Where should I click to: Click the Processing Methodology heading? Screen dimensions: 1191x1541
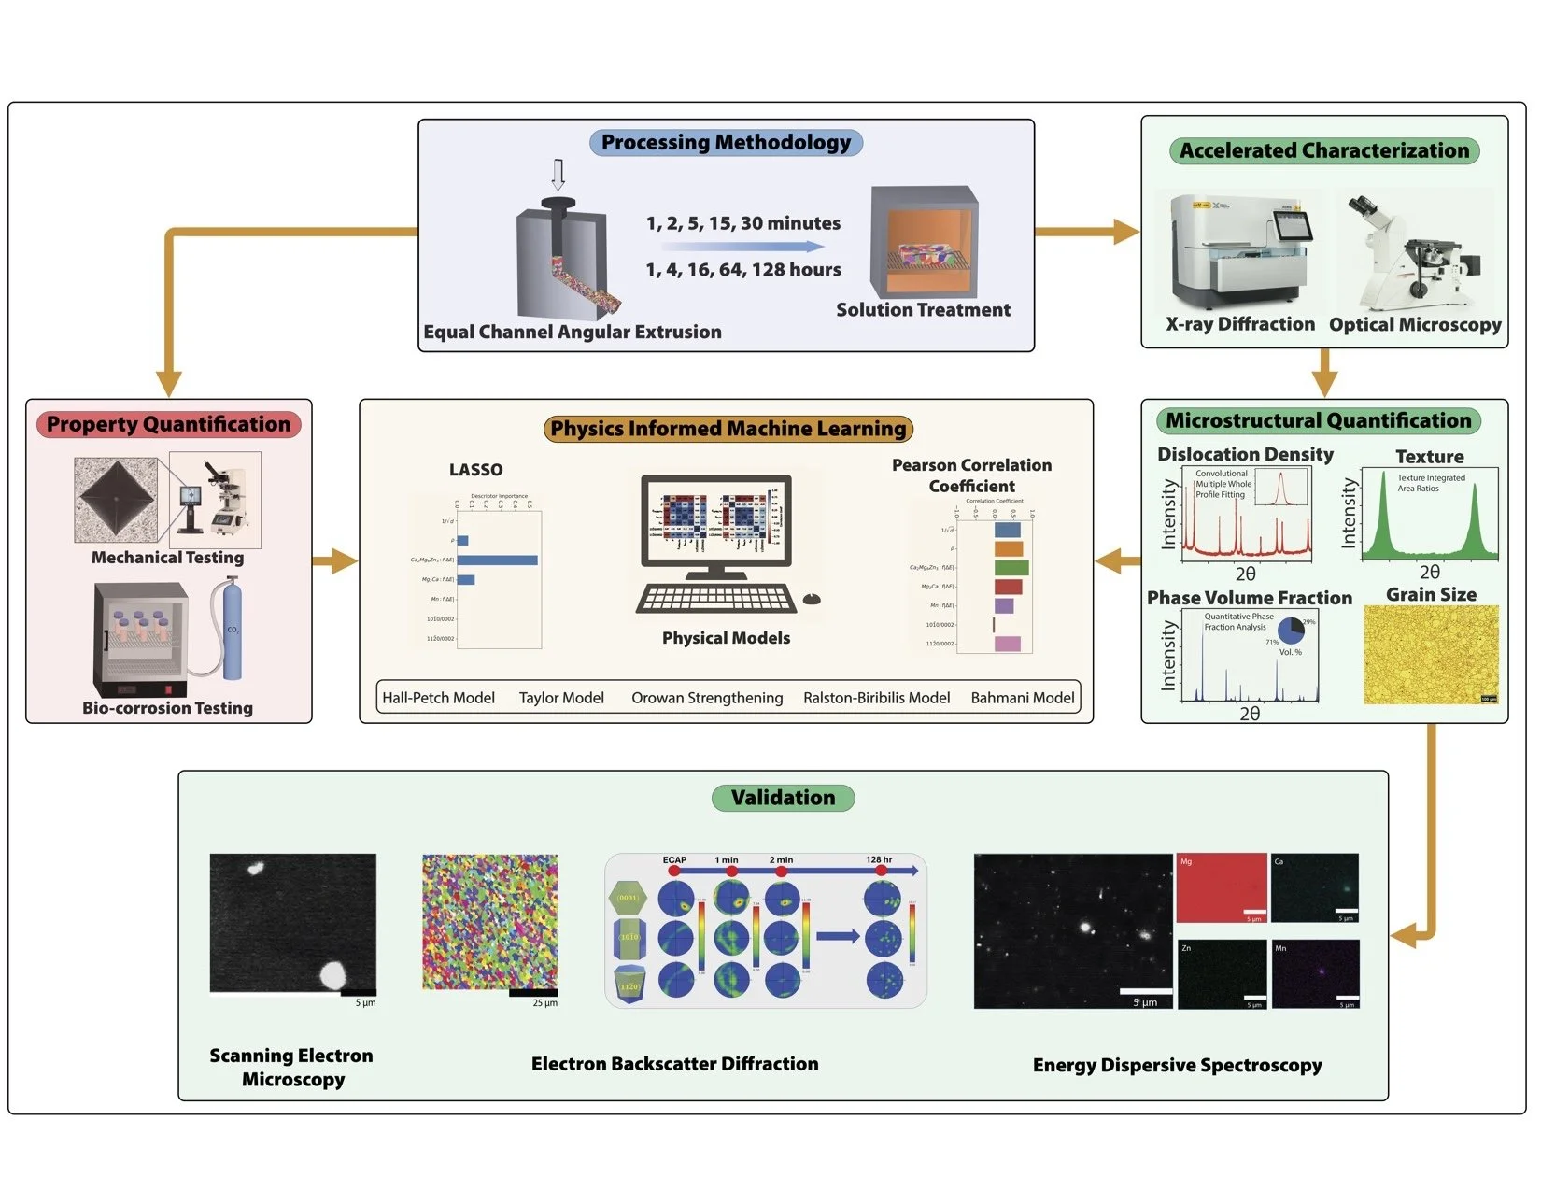(x=726, y=143)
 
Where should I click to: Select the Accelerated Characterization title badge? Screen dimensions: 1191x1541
(x=1323, y=151)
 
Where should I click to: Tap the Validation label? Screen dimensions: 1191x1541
(x=783, y=798)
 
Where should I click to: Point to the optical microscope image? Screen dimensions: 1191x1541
(x=1414, y=252)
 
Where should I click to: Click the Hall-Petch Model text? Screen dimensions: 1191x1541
(x=438, y=698)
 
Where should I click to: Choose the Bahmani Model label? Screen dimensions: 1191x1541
(x=1023, y=698)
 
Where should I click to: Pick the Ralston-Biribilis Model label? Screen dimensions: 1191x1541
(x=876, y=698)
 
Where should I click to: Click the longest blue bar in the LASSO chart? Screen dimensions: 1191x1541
(x=497, y=560)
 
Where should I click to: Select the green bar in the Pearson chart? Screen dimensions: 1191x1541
(x=1011, y=568)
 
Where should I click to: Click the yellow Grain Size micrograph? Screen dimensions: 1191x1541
(x=1431, y=654)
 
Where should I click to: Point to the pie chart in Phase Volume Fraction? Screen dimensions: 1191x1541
(x=1291, y=631)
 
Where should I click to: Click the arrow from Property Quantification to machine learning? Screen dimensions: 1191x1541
(x=334, y=561)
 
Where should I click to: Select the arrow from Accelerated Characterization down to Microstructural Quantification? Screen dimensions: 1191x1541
(x=1324, y=374)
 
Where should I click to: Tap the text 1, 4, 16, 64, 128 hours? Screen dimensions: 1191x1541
(x=743, y=270)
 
